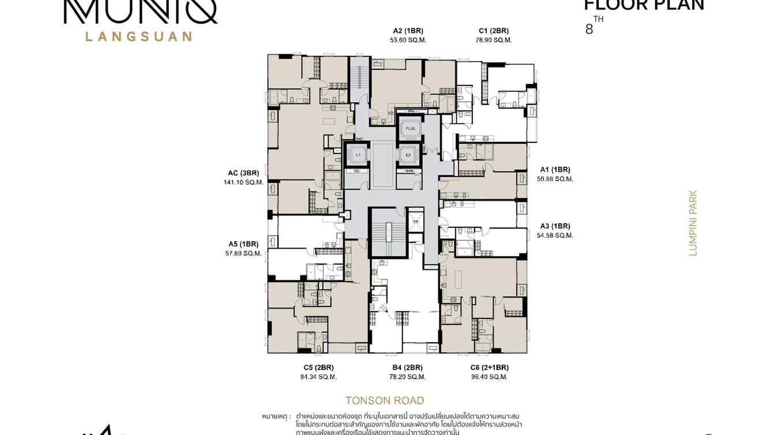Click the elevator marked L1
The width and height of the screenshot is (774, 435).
(x=358, y=155)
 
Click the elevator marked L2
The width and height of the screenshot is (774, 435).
(x=408, y=155)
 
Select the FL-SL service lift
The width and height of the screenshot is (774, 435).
(x=410, y=127)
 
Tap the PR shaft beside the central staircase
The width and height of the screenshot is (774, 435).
(x=415, y=222)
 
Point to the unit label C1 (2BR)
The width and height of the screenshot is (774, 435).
(x=494, y=31)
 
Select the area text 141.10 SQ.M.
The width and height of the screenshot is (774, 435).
(x=243, y=182)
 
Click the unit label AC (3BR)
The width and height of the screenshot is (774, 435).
(x=243, y=172)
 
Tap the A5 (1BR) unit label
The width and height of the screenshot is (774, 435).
(x=243, y=243)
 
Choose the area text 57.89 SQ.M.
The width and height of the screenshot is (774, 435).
(x=243, y=253)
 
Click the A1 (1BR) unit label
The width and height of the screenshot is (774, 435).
(x=555, y=170)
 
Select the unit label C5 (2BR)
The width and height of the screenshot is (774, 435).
(x=318, y=367)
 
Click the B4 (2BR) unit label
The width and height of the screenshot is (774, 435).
(x=407, y=367)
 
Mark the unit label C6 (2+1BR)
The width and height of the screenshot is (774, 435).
(x=489, y=367)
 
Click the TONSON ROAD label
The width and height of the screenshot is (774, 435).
(x=385, y=400)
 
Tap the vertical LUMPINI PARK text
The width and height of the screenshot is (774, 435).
(x=693, y=223)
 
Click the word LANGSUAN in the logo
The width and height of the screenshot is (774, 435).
(x=138, y=36)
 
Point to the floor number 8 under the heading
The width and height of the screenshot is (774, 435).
(x=589, y=29)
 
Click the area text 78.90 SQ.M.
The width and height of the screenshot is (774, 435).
(x=494, y=40)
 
